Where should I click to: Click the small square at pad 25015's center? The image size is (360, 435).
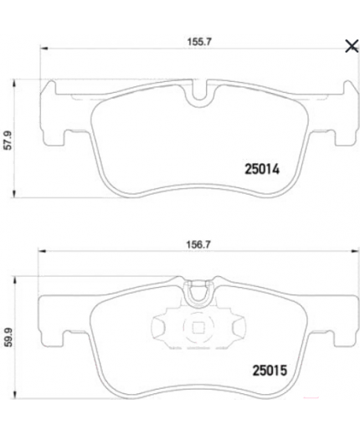click(x=199, y=329)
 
